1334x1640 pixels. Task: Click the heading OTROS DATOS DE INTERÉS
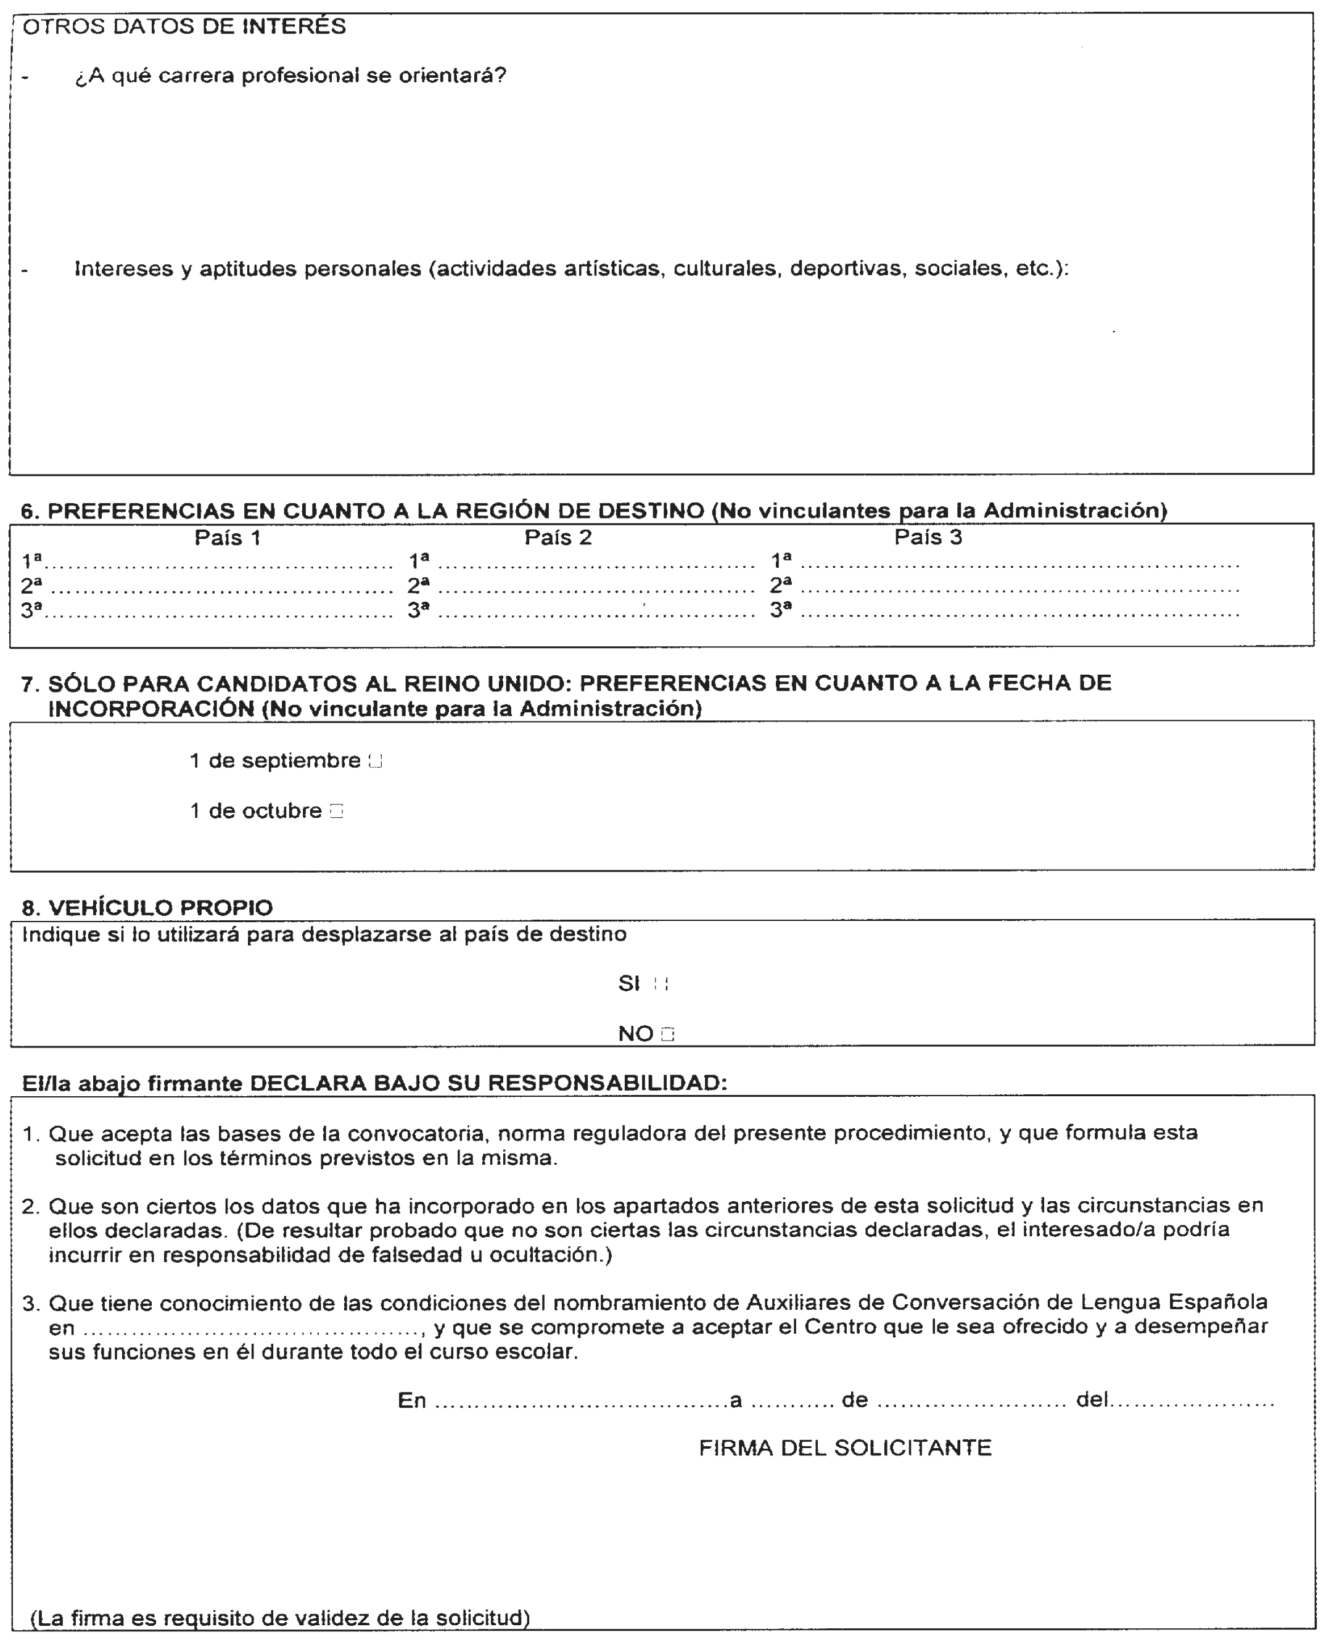pos(184,27)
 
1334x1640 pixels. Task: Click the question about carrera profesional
pos(290,76)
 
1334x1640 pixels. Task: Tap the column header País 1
pos(228,538)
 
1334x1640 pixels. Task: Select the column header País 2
pos(558,538)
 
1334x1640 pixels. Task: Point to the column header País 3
pos(928,538)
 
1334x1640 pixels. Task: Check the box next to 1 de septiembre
pos(375,762)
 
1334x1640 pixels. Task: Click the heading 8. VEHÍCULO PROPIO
pos(147,908)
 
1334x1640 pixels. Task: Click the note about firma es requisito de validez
pos(280,1618)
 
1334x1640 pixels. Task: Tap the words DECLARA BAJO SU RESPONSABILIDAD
pos(488,1083)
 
